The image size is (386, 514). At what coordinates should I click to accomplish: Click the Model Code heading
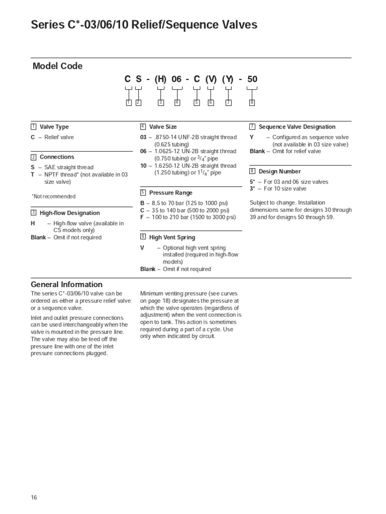point(58,66)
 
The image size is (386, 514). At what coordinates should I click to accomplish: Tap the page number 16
point(34,497)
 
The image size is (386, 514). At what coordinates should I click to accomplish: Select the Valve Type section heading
point(54,127)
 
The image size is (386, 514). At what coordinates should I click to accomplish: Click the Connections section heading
point(57,157)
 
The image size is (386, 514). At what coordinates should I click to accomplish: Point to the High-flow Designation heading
point(70,213)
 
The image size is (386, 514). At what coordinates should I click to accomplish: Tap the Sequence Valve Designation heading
point(297,127)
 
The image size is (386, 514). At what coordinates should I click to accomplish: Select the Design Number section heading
point(279,172)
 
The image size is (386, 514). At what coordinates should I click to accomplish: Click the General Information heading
point(67,285)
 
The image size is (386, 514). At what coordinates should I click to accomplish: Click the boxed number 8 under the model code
point(252,103)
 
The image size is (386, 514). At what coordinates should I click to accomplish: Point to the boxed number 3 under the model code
point(161,103)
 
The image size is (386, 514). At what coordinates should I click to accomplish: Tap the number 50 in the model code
point(252,79)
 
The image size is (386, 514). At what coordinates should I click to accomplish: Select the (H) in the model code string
point(161,79)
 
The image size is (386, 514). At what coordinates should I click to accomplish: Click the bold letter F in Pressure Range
point(142,217)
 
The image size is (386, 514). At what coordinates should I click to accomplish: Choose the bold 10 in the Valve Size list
point(144,166)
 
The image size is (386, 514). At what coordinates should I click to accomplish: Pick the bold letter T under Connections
point(33,174)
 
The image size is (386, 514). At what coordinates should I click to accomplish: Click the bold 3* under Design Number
point(252,189)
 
